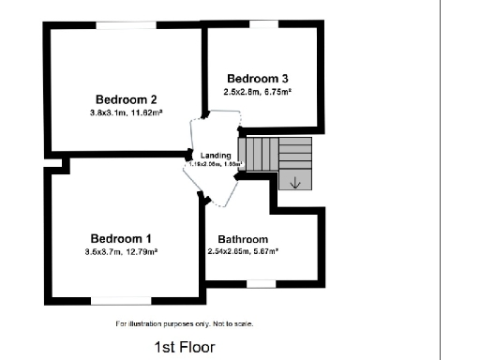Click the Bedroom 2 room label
[126, 99]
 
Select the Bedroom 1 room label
[121, 238]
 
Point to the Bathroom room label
[243, 239]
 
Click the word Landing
[216, 155]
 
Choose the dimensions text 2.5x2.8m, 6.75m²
[257, 91]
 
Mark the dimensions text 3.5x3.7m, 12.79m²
[121, 251]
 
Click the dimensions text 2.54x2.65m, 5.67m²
[243, 251]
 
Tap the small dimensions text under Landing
[216, 164]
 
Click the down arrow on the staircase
[295, 182]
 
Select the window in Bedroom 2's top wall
[125, 25]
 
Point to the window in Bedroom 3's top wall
[262, 24]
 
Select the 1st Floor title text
[185, 347]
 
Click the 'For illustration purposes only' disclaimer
[185, 323]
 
